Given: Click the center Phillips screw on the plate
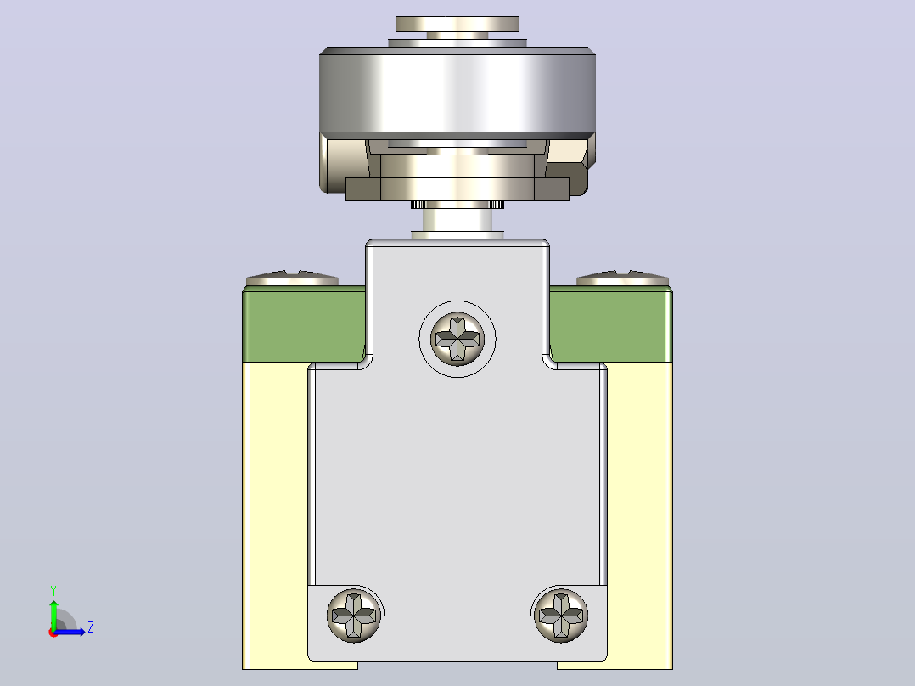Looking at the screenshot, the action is pos(457,339).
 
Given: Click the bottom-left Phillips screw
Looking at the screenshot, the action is pos(354,616).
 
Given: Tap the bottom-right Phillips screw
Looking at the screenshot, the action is pos(561,616).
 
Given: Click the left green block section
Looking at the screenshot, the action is pos(304,324).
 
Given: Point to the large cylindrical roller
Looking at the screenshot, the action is pos(457,93).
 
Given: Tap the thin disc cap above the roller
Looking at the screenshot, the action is pos(457,24).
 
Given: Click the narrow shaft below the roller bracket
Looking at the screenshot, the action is pos(457,220).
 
